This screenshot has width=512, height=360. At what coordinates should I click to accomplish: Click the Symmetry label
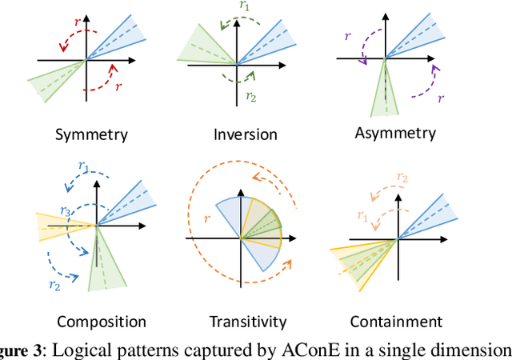[x=90, y=134]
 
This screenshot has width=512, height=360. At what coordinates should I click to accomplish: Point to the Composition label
[x=102, y=322]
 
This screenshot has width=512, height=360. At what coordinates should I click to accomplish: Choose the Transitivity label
[x=248, y=322]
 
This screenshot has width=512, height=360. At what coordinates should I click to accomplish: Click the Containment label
[x=396, y=322]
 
